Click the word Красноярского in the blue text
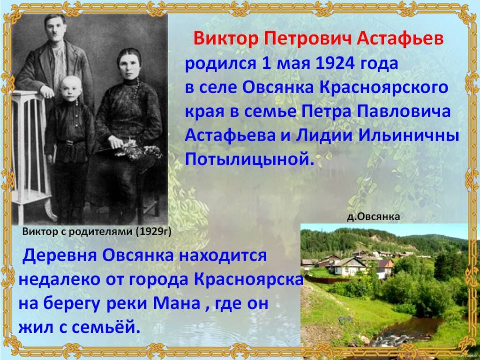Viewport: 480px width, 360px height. pyautogui.click(x=383, y=88)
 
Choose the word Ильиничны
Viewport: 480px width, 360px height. pyautogui.click(x=409, y=135)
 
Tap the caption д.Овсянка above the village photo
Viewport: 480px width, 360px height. pyautogui.click(x=373, y=217)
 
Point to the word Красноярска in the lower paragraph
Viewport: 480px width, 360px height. pyautogui.click(x=248, y=279)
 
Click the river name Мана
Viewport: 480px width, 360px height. pyautogui.click(x=177, y=303)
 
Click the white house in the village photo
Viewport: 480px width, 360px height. pyautogui.click(x=348, y=267)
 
